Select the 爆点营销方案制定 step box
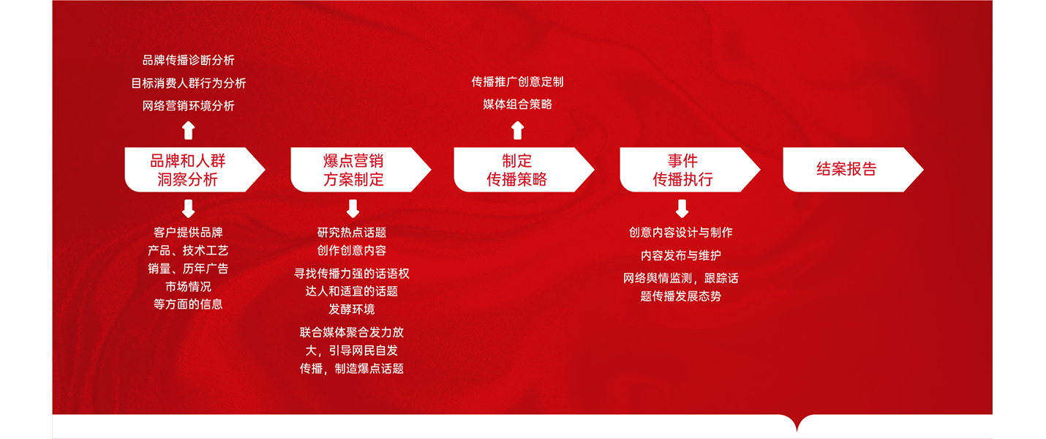click(x=361, y=170)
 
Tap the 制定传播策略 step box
click(x=524, y=170)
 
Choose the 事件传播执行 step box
click(x=690, y=170)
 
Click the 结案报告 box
click(x=853, y=170)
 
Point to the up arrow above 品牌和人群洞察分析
click(x=188, y=130)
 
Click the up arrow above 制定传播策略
click(x=517, y=130)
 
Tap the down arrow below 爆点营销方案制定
click(x=353, y=209)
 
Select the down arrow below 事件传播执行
click(x=682, y=209)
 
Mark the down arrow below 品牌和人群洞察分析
click(x=188, y=209)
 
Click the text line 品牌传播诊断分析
click(x=188, y=60)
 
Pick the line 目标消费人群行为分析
click(x=188, y=83)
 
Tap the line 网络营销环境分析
click(x=188, y=106)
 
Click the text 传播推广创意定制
click(x=517, y=82)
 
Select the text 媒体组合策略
click(x=517, y=104)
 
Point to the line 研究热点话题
click(x=352, y=233)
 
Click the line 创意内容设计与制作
click(x=681, y=233)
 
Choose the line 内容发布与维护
click(x=681, y=255)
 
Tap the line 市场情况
click(x=188, y=286)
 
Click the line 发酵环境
click(x=352, y=309)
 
